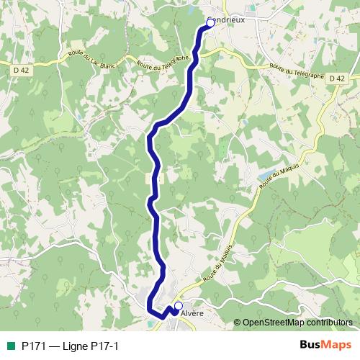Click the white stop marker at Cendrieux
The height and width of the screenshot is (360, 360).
tap(210, 23)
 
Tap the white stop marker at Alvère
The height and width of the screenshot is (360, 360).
tap(178, 306)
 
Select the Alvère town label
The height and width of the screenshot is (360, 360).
tap(194, 313)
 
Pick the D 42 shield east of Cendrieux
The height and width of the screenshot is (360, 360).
tap(336, 78)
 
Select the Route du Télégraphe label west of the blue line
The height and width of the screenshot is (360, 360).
tap(163, 60)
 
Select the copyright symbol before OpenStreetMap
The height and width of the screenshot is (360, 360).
tap(238, 323)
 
